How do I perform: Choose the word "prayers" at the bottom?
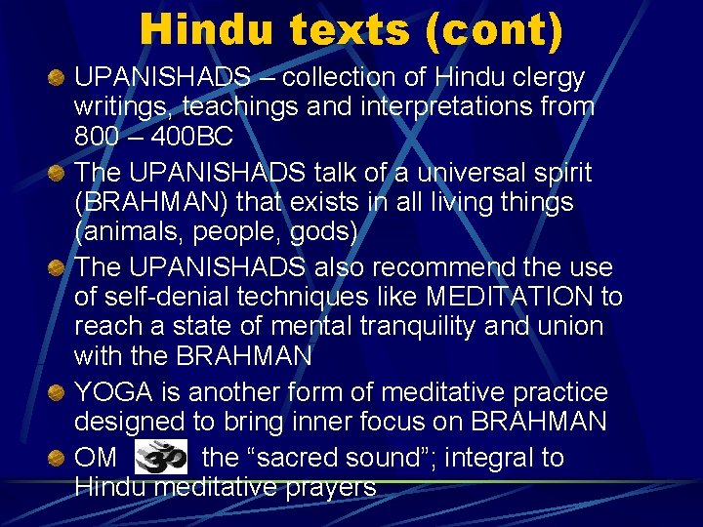point(325,485)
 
